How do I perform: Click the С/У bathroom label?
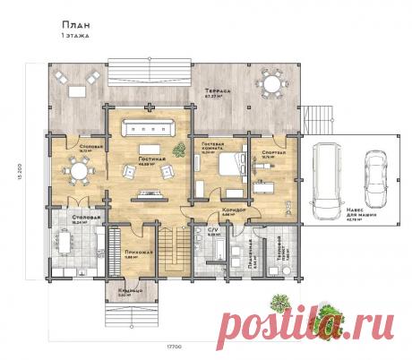(x=212, y=229)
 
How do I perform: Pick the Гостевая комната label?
(x=212, y=147)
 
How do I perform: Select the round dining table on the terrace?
(x=271, y=86)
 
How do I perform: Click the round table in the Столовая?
(x=70, y=169)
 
